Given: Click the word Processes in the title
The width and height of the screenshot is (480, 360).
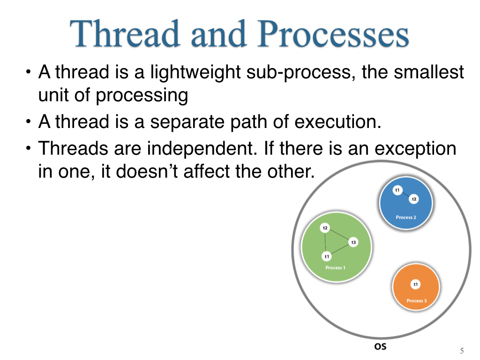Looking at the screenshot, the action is [x=333, y=33].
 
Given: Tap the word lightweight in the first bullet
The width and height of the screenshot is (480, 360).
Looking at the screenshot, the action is [x=195, y=73].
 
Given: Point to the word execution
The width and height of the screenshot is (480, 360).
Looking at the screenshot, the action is [x=338, y=122].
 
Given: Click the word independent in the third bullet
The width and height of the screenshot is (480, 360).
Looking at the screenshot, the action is [x=202, y=149].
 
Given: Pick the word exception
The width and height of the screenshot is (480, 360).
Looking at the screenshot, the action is [x=415, y=149].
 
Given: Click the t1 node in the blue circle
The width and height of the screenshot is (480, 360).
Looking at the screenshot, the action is [x=397, y=190].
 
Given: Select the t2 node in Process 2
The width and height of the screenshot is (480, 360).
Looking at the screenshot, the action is [x=414, y=199].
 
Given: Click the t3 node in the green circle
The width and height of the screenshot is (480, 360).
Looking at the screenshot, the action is [x=353, y=242].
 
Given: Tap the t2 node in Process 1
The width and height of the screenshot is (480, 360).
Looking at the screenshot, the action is [x=325, y=228].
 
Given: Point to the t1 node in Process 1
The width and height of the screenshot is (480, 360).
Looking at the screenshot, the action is [x=327, y=256].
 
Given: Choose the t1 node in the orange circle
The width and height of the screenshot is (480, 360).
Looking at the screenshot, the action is [x=415, y=285].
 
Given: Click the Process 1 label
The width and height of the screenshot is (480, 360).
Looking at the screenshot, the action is [x=335, y=268].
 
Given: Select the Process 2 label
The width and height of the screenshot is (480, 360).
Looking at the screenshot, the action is [x=406, y=217].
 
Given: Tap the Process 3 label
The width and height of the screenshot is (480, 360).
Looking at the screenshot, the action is [x=416, y=300].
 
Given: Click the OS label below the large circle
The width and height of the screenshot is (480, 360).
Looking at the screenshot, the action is [x=380, y=346].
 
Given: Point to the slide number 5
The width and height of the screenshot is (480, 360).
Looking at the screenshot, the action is [x=462, y=351].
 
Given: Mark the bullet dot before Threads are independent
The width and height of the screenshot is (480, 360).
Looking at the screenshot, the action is [x=29, y=149].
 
